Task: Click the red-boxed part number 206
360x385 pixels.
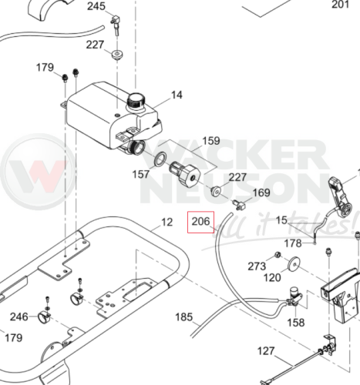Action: [x=200, y=221]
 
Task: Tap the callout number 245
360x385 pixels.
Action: [x=96, y=6]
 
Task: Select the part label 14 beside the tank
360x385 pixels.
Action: [x=177, y=95]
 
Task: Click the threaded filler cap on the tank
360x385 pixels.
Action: [x=136, y=101]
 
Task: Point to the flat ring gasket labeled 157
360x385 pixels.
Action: [x=160, y=159]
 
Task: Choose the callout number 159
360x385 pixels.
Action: [x=211, y=141]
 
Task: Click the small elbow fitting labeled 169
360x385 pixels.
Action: [x=239, y=206]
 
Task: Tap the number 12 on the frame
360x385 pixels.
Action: [x=167, y=222]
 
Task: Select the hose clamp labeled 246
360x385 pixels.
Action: [x=44, y=317]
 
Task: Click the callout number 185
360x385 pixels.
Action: [x=183, y=317]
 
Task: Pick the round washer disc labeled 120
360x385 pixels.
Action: [x=294, y=264]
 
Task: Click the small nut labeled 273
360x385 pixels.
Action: [x=278, y=255]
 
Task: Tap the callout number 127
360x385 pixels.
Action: [x=266, y=350]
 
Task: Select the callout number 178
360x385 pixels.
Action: [x=293, y=243]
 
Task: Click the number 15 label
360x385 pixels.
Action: [x=281, y=220]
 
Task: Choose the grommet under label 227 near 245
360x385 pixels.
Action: [x=117, y=55]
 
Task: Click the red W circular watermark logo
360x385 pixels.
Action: [x=39, y=172]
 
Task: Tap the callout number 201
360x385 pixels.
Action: [x=340, y=5]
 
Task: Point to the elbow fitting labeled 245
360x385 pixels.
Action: [x=116, y=25]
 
